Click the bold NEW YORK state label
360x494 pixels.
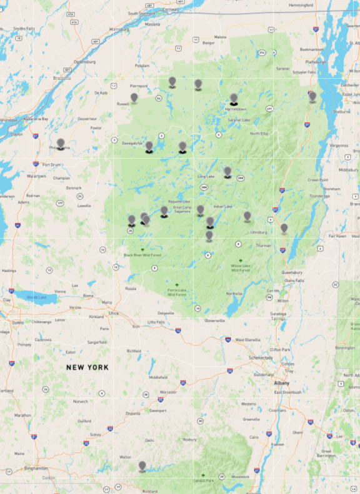87,367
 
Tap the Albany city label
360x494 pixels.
281,383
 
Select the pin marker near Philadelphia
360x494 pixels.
61,144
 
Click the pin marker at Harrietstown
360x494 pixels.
234,99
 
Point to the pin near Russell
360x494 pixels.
134,97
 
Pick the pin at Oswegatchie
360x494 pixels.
149,146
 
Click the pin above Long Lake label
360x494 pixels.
227,171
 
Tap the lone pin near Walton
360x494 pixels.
142,466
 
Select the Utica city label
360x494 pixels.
112,313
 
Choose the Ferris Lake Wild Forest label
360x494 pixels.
176,292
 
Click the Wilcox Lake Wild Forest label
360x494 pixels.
241,267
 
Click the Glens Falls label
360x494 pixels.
294,280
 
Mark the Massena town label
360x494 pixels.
152,24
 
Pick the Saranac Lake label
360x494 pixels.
239,119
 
